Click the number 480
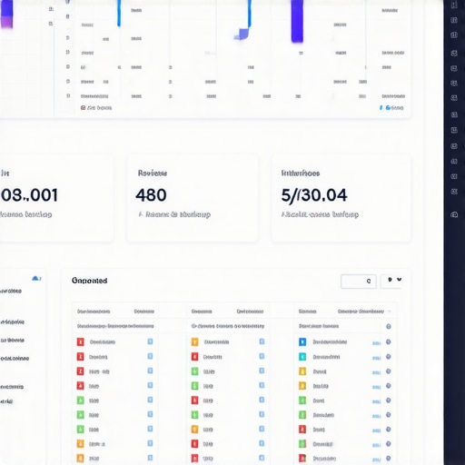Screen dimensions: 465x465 pos(150,194)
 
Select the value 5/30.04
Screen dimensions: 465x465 pos(314,194)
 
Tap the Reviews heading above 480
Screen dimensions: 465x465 pos(152,172)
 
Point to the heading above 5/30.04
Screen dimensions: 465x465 pos(301,172)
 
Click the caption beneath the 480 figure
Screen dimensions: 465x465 pos(174,215)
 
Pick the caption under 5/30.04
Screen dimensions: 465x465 pos(320,215)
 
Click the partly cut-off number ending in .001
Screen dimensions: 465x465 pos(29,194)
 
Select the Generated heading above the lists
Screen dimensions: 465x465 pos(89,282)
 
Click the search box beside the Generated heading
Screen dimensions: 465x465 pos(358,282)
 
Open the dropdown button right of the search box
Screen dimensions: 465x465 pos(393,282)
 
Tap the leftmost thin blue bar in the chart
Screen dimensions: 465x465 pos(119,13)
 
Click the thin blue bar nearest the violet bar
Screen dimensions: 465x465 pos(249,14)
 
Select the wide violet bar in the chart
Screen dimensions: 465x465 pos(297,21)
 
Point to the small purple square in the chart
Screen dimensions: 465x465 pos(242,35)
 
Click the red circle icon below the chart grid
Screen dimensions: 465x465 pos(83,107)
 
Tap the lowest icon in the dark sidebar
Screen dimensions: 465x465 pos(454,214)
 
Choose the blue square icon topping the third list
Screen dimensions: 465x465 pos(302,342)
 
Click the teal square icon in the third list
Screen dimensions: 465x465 pos(302,357)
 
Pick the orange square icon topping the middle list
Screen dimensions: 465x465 pos(194,342)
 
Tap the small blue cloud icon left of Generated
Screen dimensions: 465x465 pos(36,278)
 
